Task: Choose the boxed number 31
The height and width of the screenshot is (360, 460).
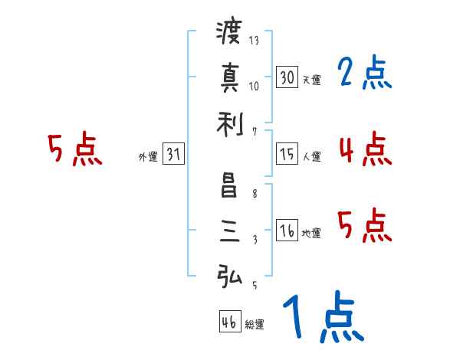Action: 173,154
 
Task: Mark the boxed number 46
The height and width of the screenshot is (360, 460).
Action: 229,322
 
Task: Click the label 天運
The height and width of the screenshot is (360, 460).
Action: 311,79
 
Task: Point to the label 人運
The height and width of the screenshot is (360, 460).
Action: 311,156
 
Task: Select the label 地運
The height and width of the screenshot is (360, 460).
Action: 311,233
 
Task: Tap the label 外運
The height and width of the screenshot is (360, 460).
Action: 148,156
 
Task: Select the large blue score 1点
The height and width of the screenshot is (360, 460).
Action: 322,318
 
